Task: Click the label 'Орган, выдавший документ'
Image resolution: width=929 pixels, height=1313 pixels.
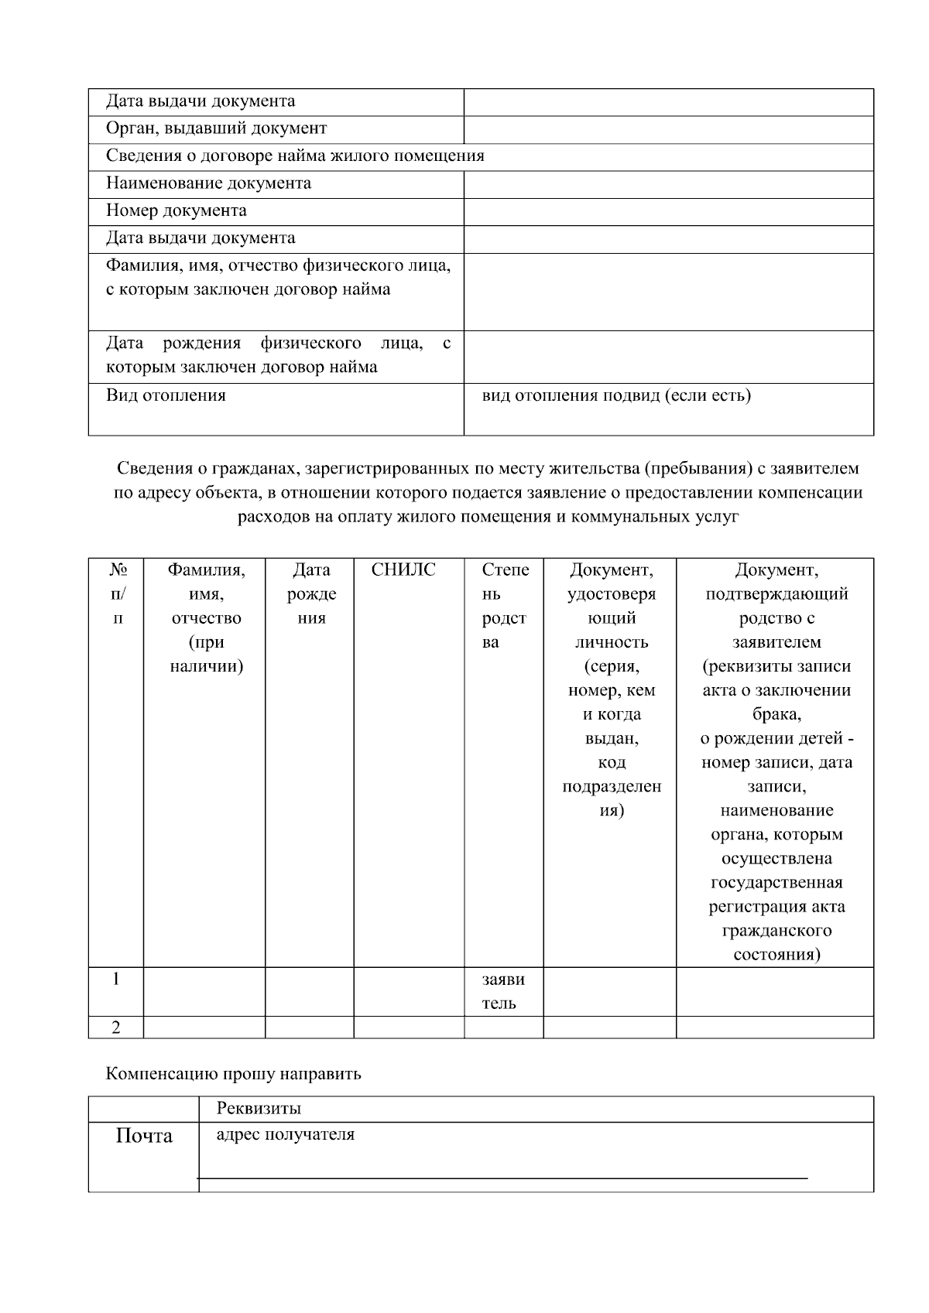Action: coord(216,128)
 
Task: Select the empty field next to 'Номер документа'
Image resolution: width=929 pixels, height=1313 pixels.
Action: coord(668,211)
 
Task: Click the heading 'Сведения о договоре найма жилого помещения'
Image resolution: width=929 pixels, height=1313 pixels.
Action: coord(295,156)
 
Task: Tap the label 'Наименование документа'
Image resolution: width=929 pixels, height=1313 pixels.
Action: coord(208,183)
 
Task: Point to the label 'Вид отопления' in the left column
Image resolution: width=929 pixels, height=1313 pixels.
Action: coord(166,396)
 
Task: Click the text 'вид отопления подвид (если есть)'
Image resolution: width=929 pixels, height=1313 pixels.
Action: coord(616,396)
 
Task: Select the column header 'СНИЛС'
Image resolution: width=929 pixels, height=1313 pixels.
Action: coord(403,570)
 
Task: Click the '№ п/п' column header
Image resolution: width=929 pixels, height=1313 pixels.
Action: coord(118,593)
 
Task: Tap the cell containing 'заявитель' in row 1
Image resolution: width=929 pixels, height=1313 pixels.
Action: coord(503,991)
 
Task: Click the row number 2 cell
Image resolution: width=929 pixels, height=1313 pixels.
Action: coord(116,1027)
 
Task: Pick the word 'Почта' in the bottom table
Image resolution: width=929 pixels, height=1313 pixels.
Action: coord(144,1136)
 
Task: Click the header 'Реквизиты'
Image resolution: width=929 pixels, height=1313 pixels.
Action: coord(259,1109)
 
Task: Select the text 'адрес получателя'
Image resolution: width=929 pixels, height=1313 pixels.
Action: coord(285,1135)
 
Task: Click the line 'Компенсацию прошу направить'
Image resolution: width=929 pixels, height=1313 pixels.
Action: coord(233,1074)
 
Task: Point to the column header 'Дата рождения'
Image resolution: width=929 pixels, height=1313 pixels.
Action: coord(311,593)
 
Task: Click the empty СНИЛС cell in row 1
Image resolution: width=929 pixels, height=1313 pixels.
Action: coord(409,991)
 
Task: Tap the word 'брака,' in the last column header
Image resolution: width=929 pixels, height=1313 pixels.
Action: coord(776,714)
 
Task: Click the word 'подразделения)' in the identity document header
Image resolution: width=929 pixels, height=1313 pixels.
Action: coord(612,798)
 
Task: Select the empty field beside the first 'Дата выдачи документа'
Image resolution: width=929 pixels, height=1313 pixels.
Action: coord(668,102)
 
